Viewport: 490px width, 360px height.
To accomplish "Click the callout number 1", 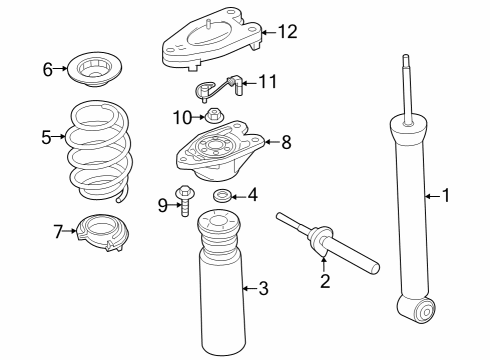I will pyautogui.click(x=446, y=196).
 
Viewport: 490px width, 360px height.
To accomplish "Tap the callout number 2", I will pyautogui.click(x=325, y=281).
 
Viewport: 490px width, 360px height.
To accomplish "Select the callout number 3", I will pyautogui.click(x=263, y=289).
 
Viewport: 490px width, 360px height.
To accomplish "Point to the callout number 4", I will pyautogui.click(x=253, y=195).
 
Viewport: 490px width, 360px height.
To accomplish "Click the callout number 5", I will pyautogui.click(x=46, y=137).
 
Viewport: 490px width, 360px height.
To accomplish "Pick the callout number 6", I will pyautogui.click(x=47, y=69).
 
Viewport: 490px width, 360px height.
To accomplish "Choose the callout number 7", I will pyautogui.click(x=58, y=232).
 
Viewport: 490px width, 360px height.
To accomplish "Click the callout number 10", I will pyautogui.click(x=181, y=117).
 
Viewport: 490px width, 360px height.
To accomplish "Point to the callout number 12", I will pyautogui.click(x=287, y=32).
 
